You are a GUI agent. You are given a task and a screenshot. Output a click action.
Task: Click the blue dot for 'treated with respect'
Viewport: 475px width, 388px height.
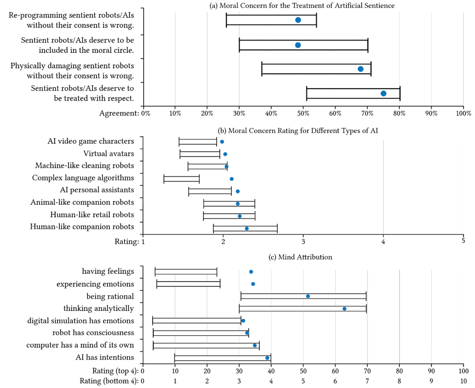(x=383, y=94)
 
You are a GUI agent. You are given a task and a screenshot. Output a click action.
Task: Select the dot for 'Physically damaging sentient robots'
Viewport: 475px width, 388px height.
(x=361, y=69)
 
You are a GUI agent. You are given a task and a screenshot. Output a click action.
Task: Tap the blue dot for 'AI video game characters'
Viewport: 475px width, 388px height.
(x=222, y=142)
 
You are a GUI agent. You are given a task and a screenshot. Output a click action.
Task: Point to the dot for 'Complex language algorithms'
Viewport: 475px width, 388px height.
(x=231, y=179)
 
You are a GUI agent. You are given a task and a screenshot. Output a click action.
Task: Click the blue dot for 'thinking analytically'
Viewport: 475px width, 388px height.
(x=344, y=309)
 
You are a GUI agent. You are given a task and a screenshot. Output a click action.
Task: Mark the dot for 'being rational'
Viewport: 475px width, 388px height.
(x=308, y=296)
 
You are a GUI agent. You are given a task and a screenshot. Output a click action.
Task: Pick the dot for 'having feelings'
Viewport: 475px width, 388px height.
(x=251, y=272)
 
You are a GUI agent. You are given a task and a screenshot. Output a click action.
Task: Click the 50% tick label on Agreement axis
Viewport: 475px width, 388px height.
(x=303, y=113)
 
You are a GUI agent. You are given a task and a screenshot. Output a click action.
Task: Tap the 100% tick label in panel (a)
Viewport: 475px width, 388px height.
(x=463, y=113)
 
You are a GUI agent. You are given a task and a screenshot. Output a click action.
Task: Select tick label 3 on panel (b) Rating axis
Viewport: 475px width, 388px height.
(x=303, y=242)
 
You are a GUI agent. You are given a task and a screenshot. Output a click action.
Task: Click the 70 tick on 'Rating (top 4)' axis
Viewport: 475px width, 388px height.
(x=367, y=371)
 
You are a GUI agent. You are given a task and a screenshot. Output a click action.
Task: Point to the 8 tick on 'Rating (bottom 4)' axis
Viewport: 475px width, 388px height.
(x=399, y=382)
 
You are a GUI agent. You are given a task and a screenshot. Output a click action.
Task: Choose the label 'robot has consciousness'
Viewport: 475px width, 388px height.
(x=94, y=333)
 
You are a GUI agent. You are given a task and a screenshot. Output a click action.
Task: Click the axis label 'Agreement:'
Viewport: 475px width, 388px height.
(x=119, y=113)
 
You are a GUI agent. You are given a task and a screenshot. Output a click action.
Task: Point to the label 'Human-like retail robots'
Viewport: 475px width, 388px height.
(x=92, y=215)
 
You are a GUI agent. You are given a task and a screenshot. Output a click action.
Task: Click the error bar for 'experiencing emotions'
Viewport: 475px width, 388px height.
(x=188, y=284)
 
